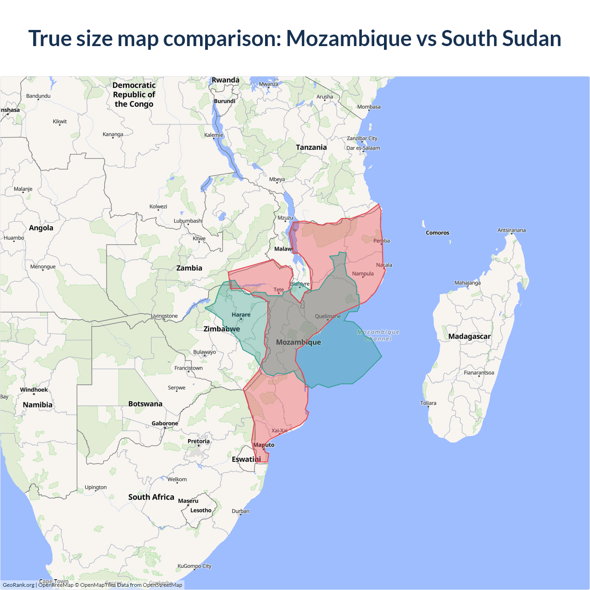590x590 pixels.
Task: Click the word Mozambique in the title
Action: [348, 38]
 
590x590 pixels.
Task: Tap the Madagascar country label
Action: [469, 336]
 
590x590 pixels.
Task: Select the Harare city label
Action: [241, 315]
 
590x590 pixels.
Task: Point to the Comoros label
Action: [437, 233]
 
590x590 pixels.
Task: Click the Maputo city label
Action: [264, 445]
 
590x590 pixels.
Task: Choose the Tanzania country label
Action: [311, 147]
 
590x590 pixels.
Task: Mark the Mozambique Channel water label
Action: [378, 335]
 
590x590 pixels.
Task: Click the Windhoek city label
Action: [34, 390]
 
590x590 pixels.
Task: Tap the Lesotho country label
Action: [201, 510]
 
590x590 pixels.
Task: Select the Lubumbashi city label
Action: [188, 221]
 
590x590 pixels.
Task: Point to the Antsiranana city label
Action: [511, 230]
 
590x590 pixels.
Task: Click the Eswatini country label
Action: [246, 459]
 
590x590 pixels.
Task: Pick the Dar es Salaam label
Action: [363, 148]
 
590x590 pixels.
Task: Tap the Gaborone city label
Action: [165, 423]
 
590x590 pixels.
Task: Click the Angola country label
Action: [41, 228]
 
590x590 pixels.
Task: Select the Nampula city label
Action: [363, 274]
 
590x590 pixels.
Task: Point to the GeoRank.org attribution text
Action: [18, 585]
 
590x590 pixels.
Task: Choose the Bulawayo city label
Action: [204, 352]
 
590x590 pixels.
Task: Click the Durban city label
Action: [241, 511]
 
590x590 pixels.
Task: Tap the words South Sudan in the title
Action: [501, 38]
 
